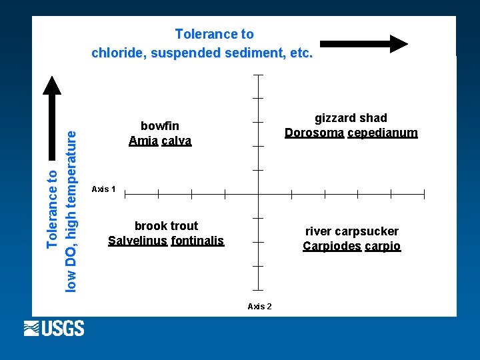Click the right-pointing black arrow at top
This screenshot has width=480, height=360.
coord(364,44)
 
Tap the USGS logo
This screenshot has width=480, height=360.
coord(54,328)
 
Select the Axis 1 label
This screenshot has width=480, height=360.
coord(103,189)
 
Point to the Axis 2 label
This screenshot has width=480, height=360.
coord(259,306)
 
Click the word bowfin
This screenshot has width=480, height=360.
coord(160,125)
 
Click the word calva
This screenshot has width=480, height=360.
coord(177,141)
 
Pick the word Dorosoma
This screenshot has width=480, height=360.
coord(314,133)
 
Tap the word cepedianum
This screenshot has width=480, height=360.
coord(383,133)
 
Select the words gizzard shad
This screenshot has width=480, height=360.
coord(351,118)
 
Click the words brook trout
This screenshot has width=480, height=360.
coord(166,225)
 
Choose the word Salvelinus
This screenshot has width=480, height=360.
coord(137,241)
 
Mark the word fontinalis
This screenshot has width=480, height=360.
coord(197,241)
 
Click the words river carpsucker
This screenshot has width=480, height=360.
coord(352,231)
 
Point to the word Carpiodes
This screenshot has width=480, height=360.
coord(331,246)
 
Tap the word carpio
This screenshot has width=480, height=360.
coord(383,246)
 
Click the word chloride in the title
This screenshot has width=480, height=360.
coord(120,53)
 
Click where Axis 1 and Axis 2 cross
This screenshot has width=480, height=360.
coord(258,194)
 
